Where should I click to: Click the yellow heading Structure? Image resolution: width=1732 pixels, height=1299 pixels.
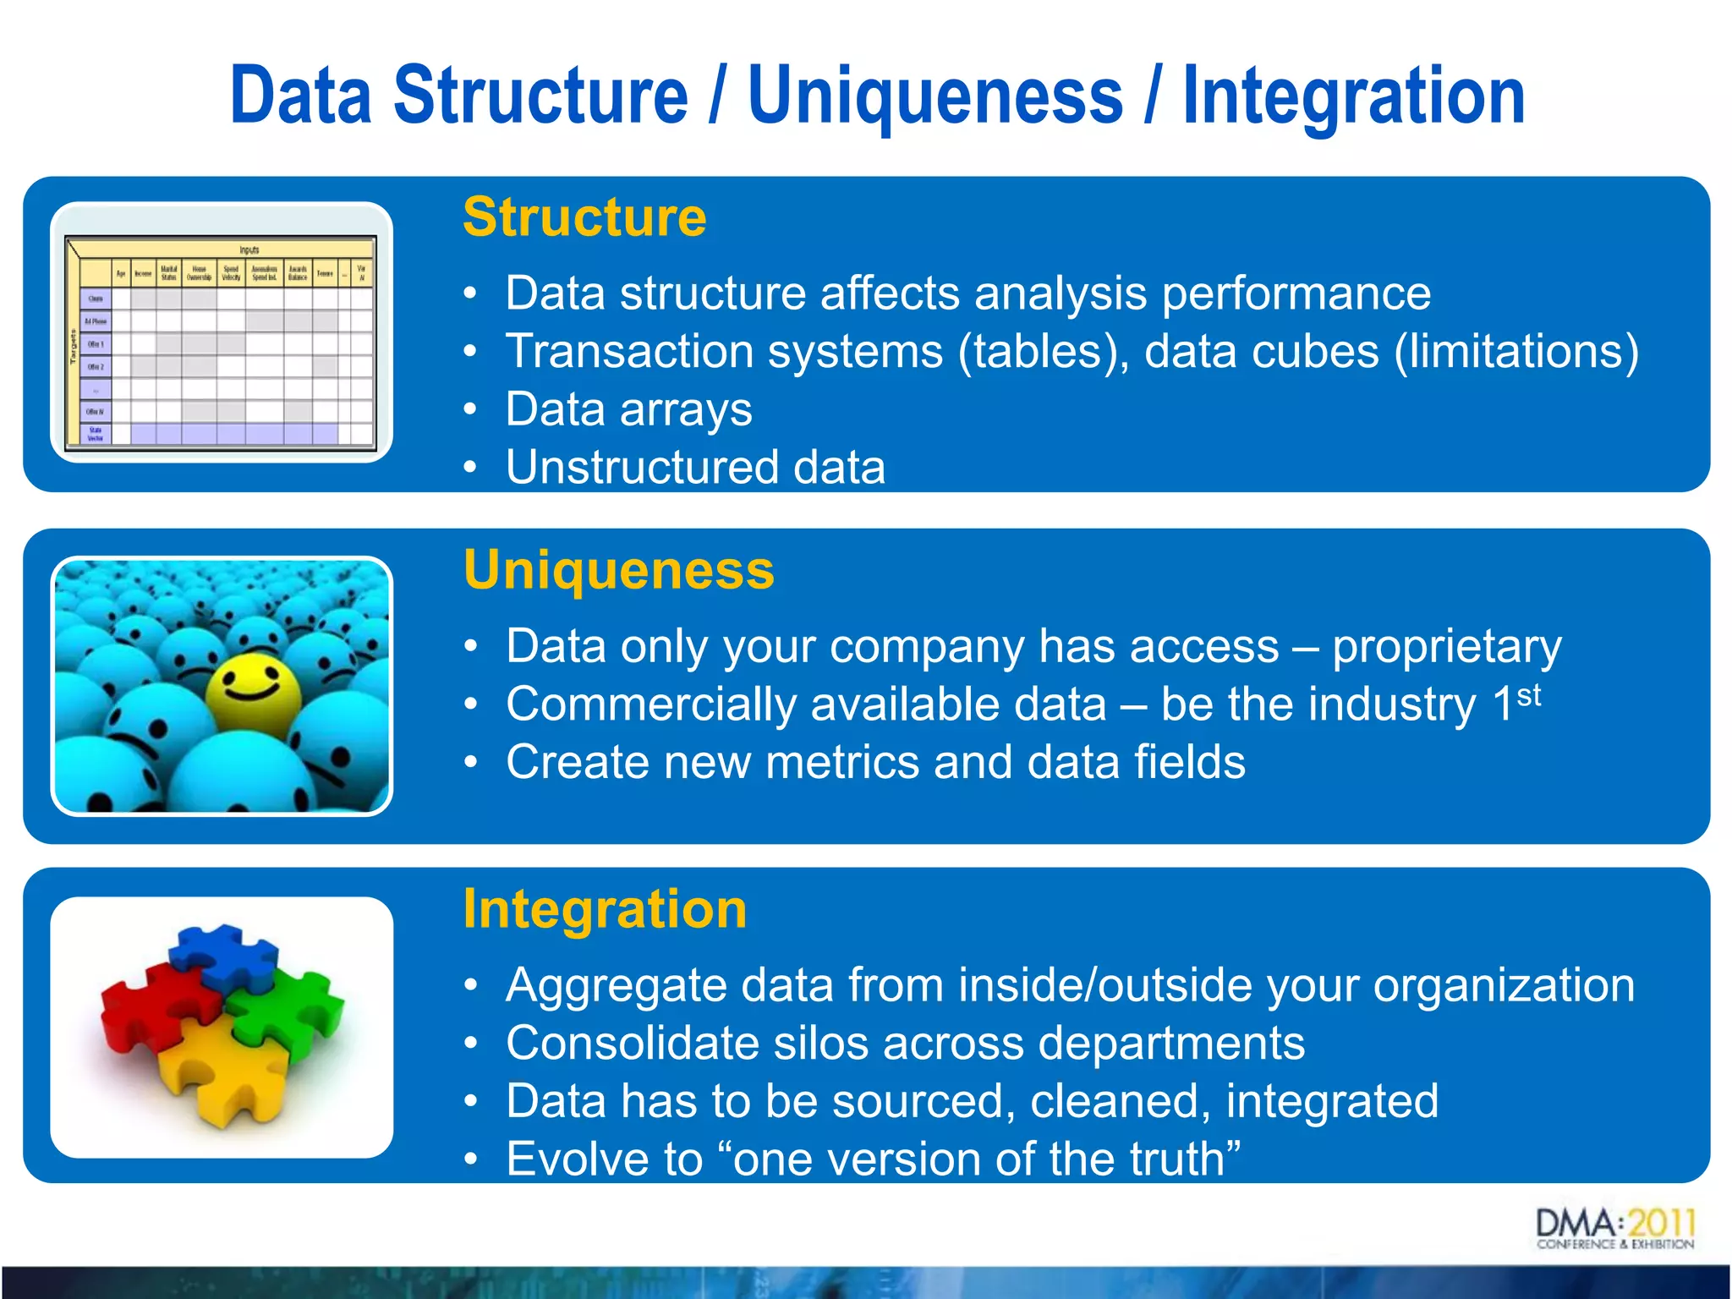[584, 217]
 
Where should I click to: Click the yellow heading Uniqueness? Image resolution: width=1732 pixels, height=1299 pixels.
[618, 570]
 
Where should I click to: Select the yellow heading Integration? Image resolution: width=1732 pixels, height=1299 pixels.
[605, 909]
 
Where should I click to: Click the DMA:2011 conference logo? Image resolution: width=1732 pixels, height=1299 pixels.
[1614, 1229]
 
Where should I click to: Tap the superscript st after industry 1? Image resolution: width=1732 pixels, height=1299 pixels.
[1528, 695]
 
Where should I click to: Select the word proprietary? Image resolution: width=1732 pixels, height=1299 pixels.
[1447, 648]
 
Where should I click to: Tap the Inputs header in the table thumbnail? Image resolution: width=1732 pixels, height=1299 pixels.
[249, 249]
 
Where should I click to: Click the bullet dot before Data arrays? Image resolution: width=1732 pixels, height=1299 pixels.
[470, 410]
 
